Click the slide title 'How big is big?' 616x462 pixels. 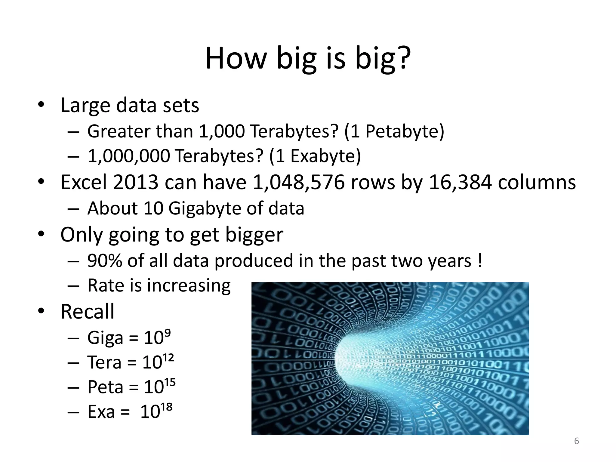308,59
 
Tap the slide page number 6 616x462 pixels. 576,441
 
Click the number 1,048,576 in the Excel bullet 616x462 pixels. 298,183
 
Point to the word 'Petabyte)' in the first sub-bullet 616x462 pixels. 405,131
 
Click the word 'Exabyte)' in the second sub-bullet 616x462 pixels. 325,156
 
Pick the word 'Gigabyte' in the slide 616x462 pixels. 205,208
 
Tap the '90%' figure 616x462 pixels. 104,260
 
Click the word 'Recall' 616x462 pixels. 87,312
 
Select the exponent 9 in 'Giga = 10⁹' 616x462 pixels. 168,332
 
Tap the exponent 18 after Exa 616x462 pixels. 167,407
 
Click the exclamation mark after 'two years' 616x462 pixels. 479,260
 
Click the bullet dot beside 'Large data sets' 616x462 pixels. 41,105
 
